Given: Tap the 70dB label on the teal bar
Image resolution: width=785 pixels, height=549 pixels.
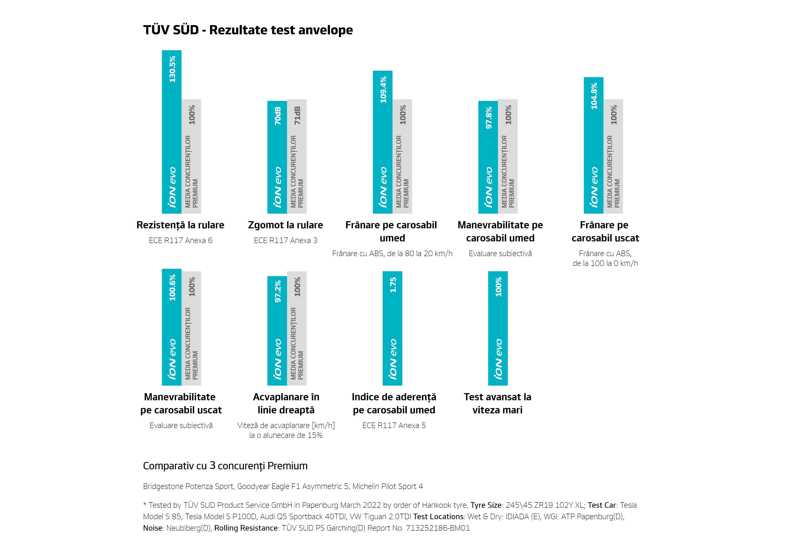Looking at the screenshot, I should pos(277,116).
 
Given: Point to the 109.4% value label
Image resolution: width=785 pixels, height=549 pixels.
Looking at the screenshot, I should pos(383,89).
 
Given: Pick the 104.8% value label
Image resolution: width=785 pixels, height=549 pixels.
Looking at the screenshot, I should pos(594,96).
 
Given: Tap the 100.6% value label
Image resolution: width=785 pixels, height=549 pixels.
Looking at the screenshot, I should pos(172,288).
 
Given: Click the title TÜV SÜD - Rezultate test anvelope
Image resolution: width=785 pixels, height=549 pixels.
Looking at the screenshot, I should pos(248,30).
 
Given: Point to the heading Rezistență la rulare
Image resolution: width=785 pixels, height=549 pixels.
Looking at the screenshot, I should pos(180,225).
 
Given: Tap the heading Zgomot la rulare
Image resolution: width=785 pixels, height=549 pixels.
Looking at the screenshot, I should pos(286,225).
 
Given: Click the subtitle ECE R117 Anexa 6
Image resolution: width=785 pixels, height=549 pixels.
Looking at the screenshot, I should pos(181,241).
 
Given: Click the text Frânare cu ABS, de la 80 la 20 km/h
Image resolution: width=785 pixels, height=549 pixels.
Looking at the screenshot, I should pos(392,253).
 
